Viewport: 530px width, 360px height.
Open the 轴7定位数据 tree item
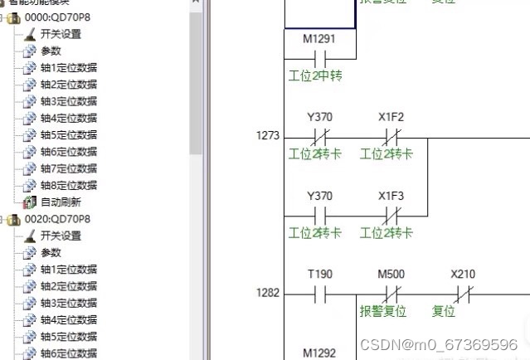tap(68, 168)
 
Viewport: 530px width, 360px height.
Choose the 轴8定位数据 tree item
tap(68, 185)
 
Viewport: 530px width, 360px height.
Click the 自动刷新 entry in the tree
tap(61, 202)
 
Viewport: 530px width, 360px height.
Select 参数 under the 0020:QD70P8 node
tap(51, 252)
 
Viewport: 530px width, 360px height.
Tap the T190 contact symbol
tap(319, 294)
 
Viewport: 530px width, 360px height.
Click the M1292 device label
tap(319, 353)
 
